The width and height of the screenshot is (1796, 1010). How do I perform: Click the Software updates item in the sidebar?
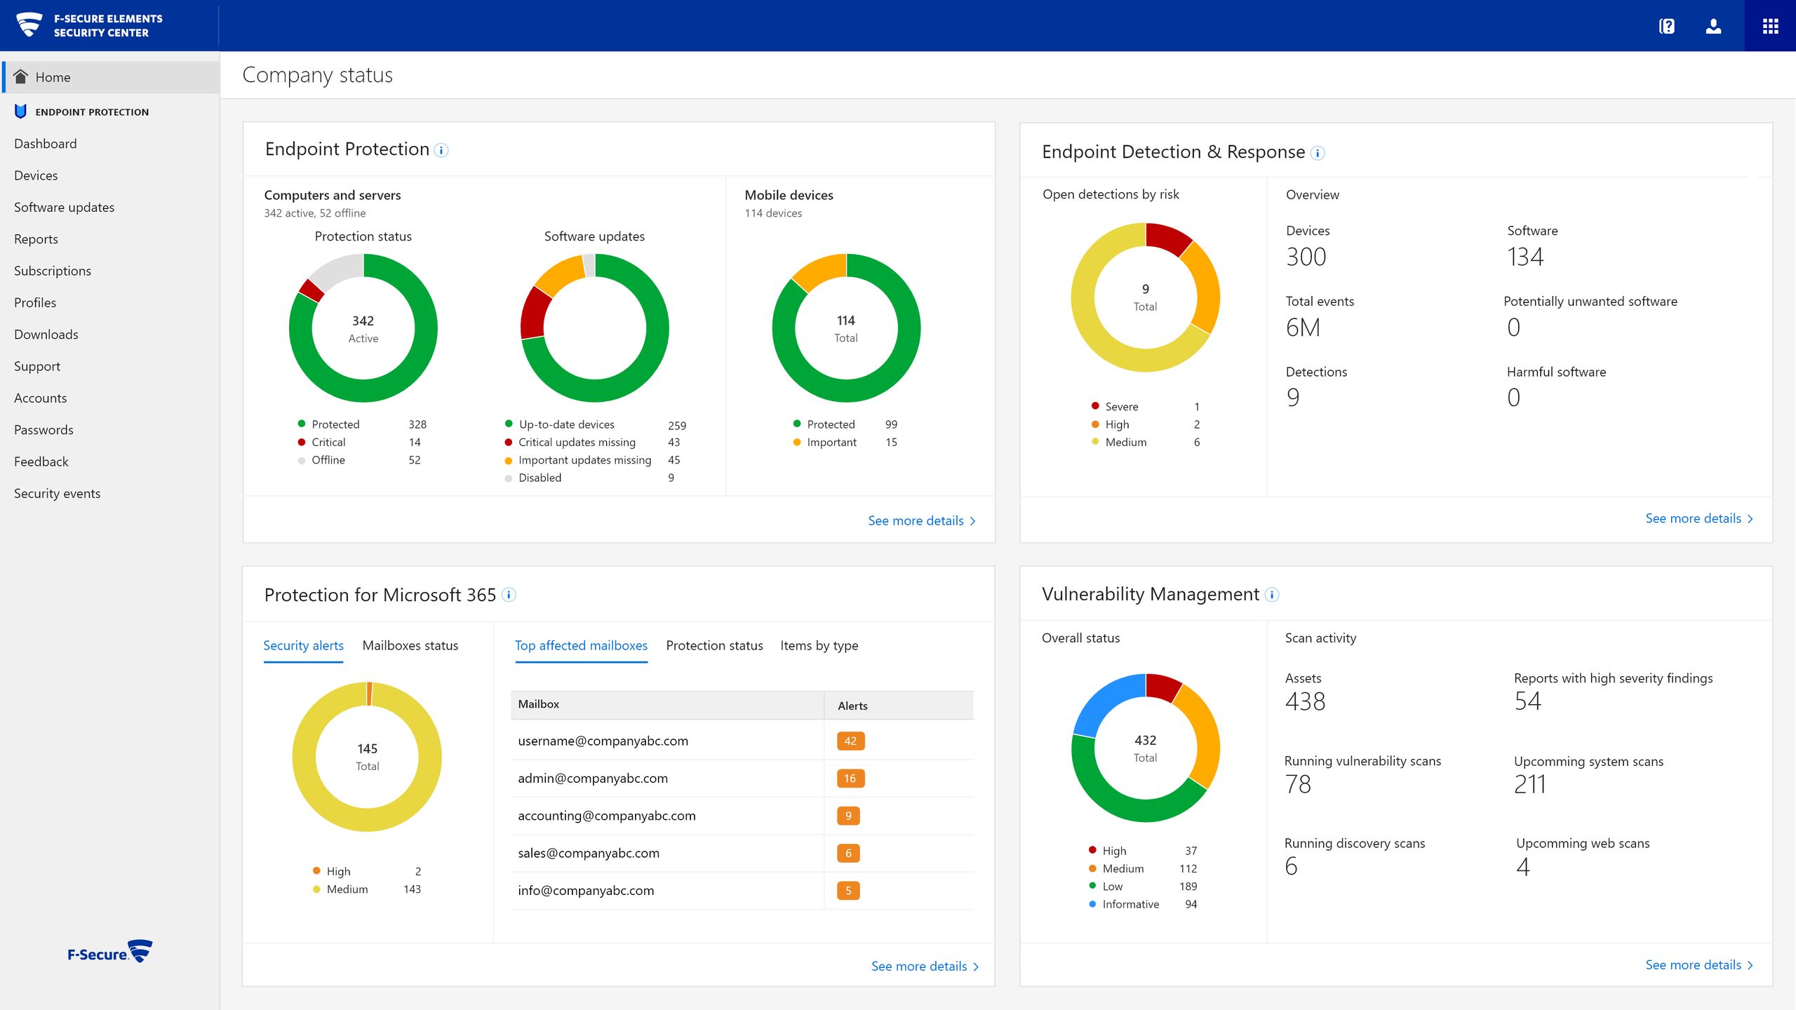64,207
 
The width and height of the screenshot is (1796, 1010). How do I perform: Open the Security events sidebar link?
57,493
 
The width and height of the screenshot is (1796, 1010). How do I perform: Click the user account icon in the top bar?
1713,26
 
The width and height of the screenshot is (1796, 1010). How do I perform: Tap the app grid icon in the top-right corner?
1770,26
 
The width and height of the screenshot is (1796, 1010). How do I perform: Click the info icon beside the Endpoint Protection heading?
441,150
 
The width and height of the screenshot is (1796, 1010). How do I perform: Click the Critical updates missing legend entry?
577,443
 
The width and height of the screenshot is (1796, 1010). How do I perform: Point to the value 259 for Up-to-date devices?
676,425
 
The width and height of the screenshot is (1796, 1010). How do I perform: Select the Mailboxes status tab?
410,645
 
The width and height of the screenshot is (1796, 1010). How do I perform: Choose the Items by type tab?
819,645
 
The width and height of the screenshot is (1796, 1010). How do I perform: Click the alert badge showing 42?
850,741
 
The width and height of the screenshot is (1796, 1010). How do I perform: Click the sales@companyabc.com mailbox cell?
589,853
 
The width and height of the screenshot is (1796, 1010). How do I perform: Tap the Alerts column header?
852,706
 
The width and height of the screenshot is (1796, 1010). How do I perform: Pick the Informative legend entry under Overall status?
1130,904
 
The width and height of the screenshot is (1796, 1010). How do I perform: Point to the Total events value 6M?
1303,328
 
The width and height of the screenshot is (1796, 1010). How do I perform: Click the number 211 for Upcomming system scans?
1529,784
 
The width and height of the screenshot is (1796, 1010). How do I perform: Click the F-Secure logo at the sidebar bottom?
110,952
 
